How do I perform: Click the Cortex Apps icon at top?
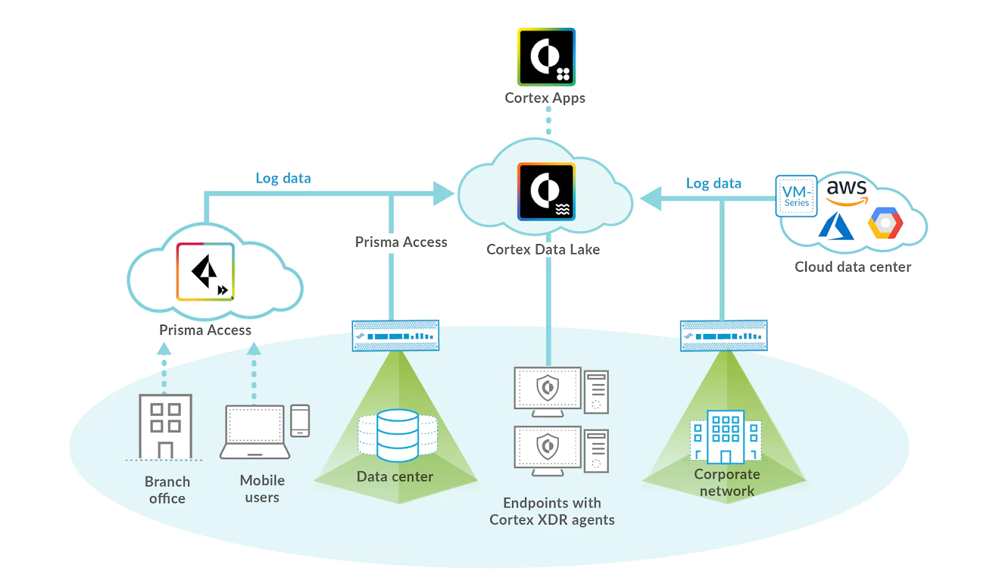point(546,57)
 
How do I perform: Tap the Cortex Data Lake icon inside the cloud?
point(546,192)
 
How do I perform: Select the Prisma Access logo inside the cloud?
point(205,272)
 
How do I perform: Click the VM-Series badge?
point(796,196)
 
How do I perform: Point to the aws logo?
point(847,190)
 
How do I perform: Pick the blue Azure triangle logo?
point(836,226)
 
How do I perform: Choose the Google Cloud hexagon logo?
point(885,223)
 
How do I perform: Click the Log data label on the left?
point(283,178)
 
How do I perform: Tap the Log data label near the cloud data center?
point(713,183)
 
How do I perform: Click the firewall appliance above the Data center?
point(395,335)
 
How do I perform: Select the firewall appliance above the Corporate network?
point(724,335)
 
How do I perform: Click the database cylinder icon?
point(398,435)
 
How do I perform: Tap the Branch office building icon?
point(165,427)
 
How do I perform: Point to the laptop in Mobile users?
point(255,432)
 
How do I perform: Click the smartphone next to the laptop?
point(300,420)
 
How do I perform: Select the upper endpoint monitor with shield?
point(548,390)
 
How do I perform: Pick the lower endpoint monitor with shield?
point(548,448)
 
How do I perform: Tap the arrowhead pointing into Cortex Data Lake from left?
point(444,194)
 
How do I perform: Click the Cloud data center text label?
point(852,267)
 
